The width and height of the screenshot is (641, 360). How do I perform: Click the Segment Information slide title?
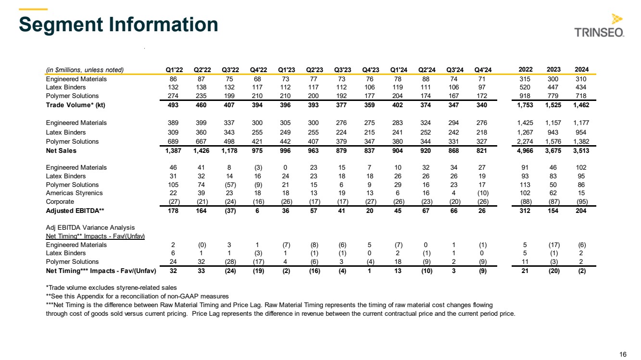click(x=118, y=25)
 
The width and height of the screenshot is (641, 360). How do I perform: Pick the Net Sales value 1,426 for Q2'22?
click(x=201, y=150)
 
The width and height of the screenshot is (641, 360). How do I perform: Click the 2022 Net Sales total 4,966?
click(x=525, y=150)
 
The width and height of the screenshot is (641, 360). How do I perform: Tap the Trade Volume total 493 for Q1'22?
click(x=174, y=105)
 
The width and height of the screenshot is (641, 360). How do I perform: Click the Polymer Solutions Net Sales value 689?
click(x=174, y=141)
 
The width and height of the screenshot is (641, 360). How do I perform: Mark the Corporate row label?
click(x=60, y=202)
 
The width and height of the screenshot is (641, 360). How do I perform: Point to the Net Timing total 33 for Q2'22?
click(x=201, y=271)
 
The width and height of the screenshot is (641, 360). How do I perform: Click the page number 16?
click(x=623, y=355)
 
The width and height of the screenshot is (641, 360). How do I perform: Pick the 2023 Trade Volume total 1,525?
click(x=553, y=105)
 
